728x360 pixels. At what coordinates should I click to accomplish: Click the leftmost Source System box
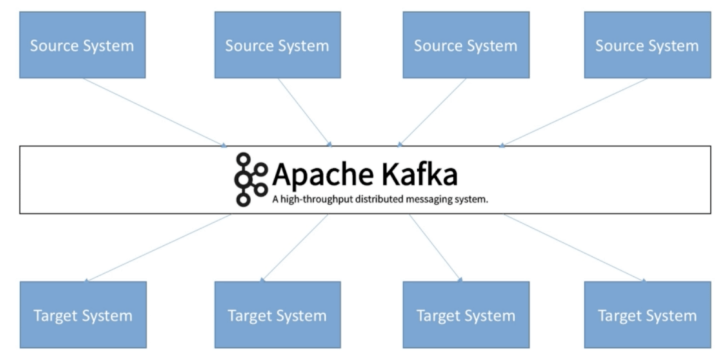[x=83, y=45]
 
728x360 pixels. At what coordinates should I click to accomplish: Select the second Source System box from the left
[x=277, y=45]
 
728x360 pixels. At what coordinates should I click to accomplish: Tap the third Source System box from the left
[x=466, y=45]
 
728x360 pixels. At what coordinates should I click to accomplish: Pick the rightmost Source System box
[x=647, y=45]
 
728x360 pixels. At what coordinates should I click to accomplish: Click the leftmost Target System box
[x=83, y=314]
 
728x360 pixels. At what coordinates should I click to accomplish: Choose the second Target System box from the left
[x=277, y=314]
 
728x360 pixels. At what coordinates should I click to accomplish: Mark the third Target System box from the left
[x=466, y=314]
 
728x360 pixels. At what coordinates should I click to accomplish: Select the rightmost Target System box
[x=647, y=314]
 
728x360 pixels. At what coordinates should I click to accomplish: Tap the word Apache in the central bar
[x=322, y=175]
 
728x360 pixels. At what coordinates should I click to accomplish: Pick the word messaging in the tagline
[x=428, y=199]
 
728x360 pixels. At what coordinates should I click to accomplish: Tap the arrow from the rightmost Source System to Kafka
[x=573, y=112]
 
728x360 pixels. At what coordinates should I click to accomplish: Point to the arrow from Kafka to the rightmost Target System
[x=573, y=248]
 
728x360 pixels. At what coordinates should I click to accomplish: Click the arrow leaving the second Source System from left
[x=305, y=112]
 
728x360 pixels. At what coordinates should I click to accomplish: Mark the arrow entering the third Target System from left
[x=436, y=248]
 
